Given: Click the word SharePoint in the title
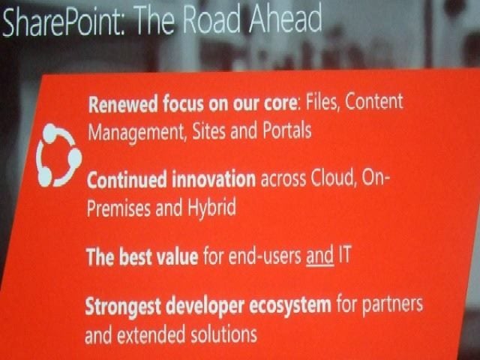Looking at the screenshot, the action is [64, 22].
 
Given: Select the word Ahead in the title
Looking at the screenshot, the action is [285, 17].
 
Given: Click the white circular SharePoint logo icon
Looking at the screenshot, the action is [58, 155].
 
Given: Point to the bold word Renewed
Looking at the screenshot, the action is [123, 104].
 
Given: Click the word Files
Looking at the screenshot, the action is [322, 103].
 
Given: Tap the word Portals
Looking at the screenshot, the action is [286, 130].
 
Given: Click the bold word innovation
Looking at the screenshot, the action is [214, 178].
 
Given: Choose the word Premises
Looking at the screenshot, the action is [118, 208].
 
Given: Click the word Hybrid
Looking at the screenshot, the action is [211, 208].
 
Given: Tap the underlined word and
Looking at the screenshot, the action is [320, 256].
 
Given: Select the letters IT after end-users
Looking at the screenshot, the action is [344, 254].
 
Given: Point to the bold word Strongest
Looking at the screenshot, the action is [123, 307].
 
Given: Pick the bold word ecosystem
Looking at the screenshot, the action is [290, 305].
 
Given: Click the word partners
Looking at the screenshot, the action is [392, 305].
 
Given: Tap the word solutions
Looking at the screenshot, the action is [223, 334].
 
